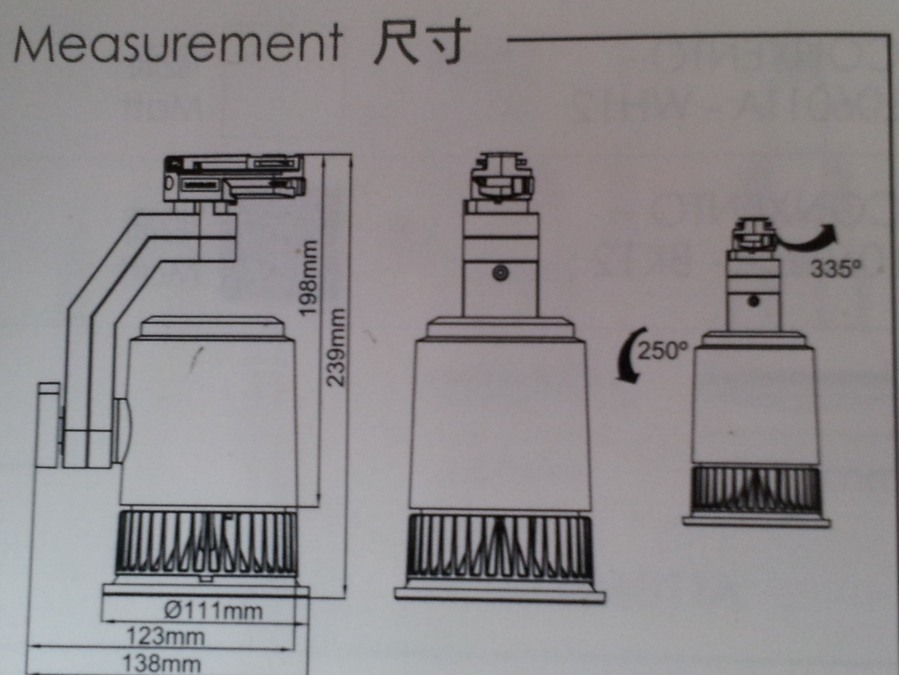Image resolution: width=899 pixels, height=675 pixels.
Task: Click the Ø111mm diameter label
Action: [214, 611]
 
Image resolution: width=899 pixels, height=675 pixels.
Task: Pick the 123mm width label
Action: [166, 637]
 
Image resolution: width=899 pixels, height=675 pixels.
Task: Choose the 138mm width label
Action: [162, 664]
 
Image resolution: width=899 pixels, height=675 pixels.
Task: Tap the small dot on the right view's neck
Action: [754, 301]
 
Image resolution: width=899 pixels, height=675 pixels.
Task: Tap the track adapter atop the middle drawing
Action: [501, 179]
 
